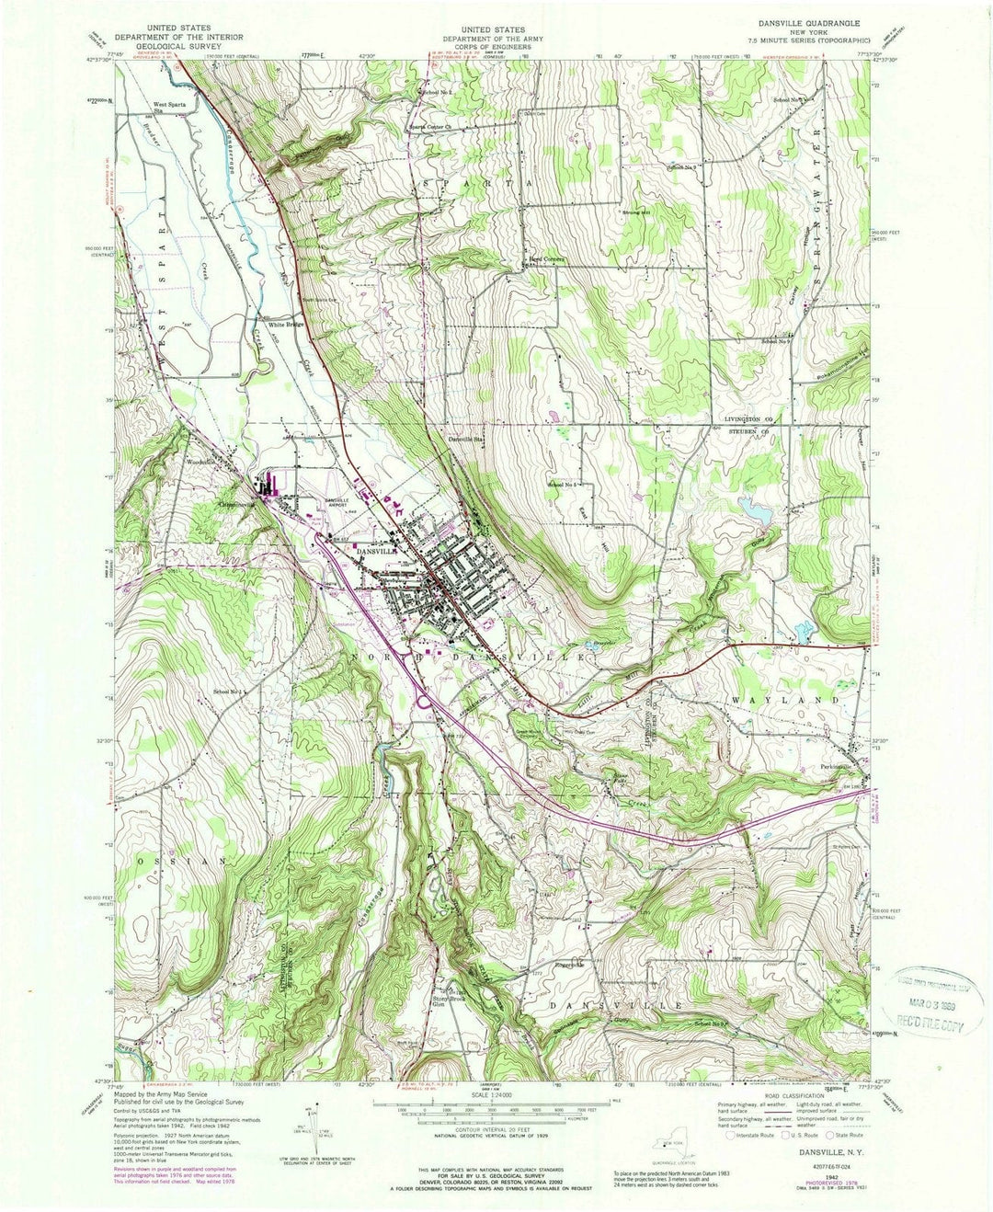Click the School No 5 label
tap(566, 484)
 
